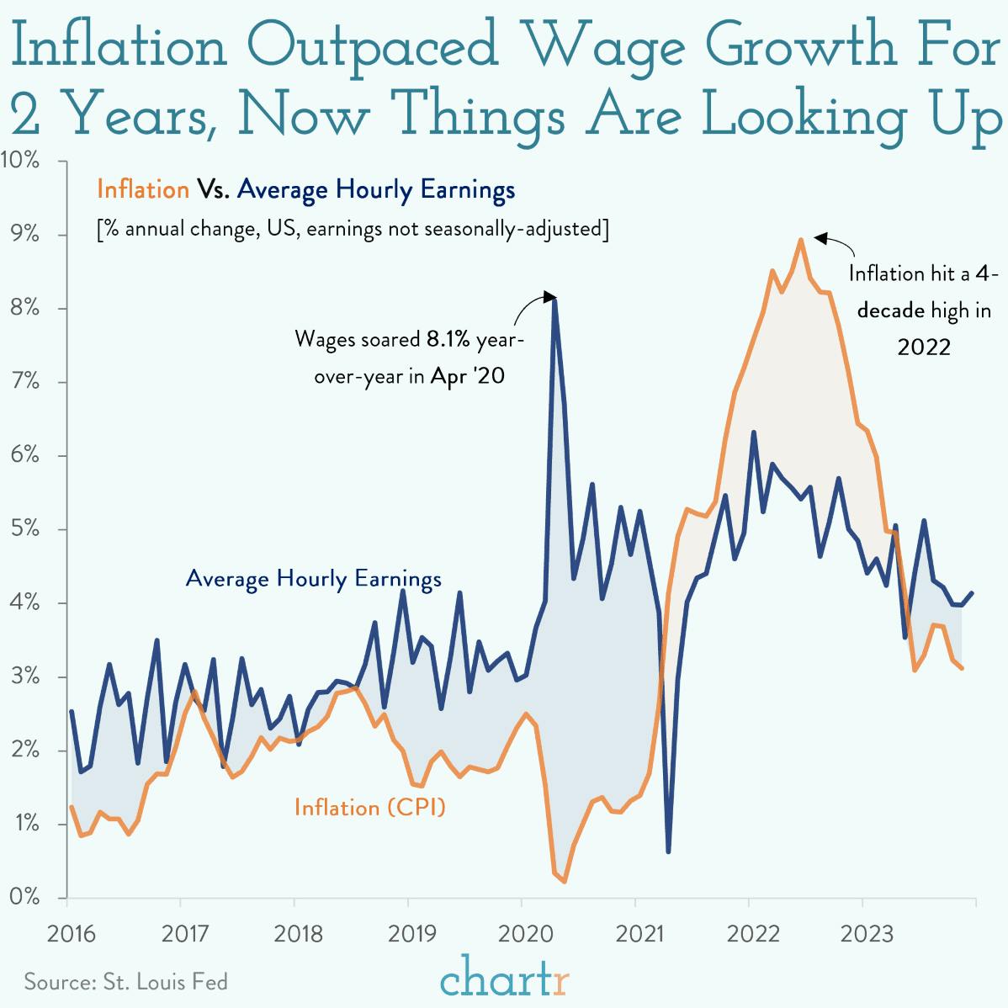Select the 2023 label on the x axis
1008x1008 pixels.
[x=867, y=934]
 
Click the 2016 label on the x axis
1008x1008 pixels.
[x=72, y=934]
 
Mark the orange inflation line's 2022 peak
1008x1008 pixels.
[x=800, y=240]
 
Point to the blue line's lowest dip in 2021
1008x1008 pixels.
[x=668, y=851]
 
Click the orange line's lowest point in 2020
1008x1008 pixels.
[x=564, y=881]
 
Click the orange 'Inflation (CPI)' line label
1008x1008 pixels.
[x=369, y=808]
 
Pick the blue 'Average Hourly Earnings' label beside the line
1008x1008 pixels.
[x=313, y=579]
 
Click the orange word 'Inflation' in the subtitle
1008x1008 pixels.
[x=143, y=190]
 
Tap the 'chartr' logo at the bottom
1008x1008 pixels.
[x=504, y=979]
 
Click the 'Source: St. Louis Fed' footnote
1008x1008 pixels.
[x=125, y=981]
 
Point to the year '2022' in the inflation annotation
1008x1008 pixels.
[x=923, y=347]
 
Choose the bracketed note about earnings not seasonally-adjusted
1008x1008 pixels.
[x=353, y=229]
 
